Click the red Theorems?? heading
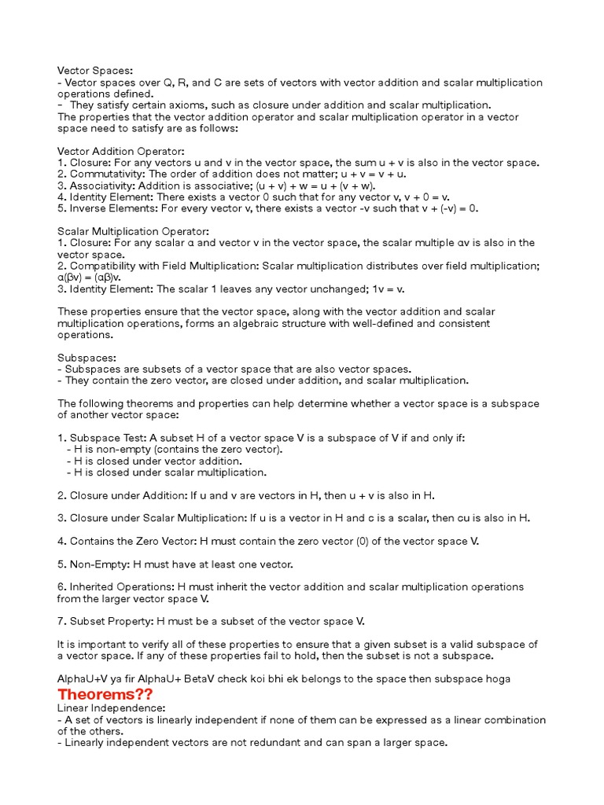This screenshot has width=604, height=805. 105,694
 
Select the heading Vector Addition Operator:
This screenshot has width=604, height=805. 121,151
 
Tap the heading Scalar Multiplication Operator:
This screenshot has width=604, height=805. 134,231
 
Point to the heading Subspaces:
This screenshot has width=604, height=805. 87,358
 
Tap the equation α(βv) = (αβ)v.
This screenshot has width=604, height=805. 90,278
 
